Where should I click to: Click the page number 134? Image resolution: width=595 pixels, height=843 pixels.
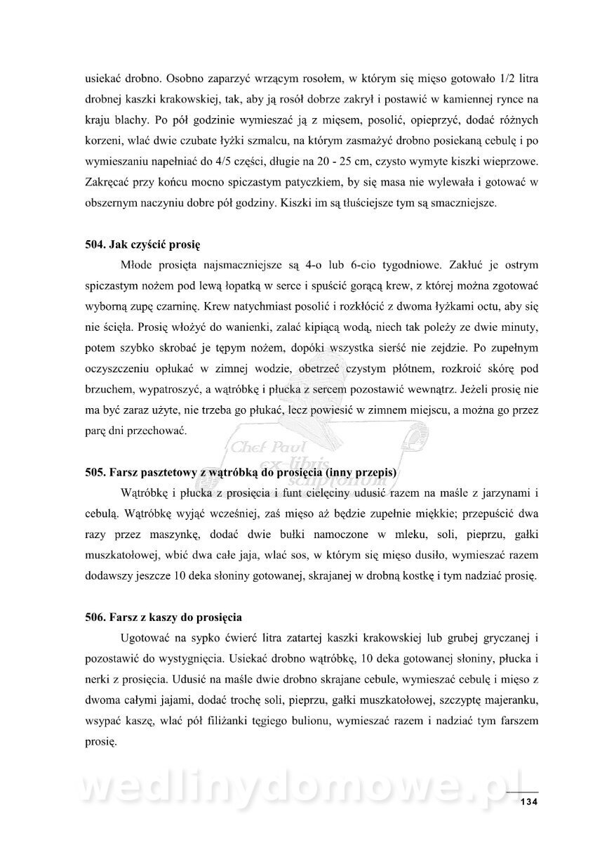528,802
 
